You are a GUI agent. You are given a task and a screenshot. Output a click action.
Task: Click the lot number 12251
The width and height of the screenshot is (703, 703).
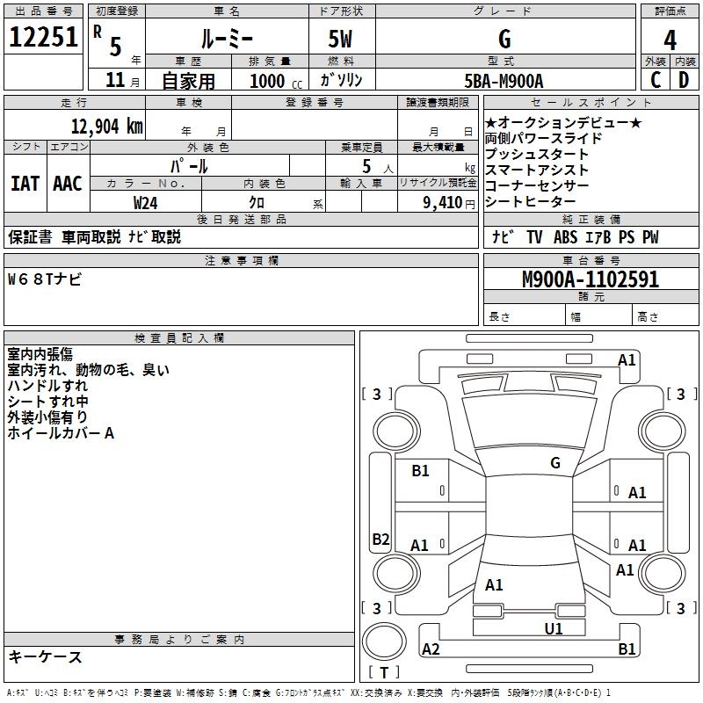[x=43, y=37]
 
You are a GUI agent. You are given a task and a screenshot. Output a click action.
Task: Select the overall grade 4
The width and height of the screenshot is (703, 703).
[x=670, y=40]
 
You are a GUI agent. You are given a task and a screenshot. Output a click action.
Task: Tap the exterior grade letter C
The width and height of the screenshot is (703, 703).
[x=656, y=80]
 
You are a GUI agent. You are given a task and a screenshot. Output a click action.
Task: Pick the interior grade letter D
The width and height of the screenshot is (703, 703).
[x=684, y=80]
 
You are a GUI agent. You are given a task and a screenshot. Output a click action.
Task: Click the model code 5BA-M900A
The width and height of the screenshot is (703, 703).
[x=504, y=81]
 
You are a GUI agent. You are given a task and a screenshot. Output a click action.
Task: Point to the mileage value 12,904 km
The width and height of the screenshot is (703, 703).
[x=106, y=127]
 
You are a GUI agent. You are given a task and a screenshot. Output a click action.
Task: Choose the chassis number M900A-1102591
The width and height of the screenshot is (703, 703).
[x=591, y=279]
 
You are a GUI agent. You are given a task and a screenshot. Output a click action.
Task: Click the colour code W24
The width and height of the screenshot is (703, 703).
[x=145, y=203]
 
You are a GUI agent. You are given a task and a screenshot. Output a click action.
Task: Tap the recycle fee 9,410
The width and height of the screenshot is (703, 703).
[x=443, y=203]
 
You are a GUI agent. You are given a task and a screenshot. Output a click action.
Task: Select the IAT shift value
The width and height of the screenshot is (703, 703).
[x=25, y=184]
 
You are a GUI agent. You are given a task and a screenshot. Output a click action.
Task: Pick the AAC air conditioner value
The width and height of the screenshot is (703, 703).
[x=68, y=184]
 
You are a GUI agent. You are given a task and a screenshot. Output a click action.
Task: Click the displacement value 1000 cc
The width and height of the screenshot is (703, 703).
[x=276, y=82]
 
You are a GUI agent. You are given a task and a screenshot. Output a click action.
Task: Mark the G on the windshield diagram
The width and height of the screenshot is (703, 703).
[x=555, y=463]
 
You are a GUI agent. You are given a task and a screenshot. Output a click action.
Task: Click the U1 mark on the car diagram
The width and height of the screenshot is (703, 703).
[x=554, y=629]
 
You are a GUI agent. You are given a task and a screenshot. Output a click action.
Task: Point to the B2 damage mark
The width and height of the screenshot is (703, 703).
[x=380, y=539]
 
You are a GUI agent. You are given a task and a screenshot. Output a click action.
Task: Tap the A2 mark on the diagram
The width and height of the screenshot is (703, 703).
[x=431, y=649]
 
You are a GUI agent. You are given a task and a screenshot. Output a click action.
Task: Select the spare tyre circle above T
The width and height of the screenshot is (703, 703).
[x=384, y=641]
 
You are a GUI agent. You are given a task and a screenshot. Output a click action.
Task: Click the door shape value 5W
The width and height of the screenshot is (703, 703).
[x=340, y=39]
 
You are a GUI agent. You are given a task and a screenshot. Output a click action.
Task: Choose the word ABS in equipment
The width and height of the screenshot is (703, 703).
[x=565, y=237]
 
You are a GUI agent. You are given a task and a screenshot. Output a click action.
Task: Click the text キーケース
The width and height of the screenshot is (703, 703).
[x=45, y=657]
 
